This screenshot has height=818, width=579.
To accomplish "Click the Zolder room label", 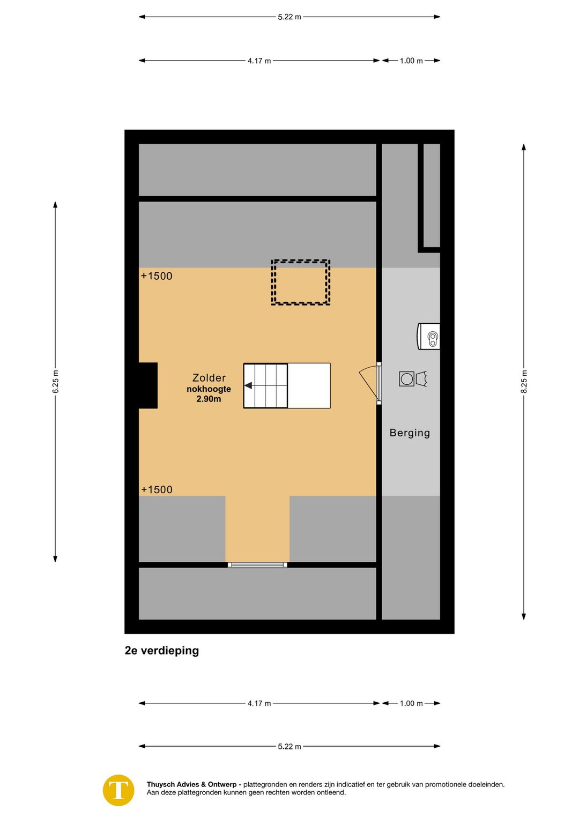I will (209, 378).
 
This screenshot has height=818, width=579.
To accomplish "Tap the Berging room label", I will (410, 433).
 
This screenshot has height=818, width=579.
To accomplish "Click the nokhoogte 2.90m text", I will (209, 394).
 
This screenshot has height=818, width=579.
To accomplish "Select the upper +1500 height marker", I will (157, 276).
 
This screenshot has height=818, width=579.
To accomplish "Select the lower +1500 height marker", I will (157, 489).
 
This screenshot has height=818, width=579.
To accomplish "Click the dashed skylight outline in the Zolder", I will (300, 282).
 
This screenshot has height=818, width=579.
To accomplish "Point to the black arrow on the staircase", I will (248, 385).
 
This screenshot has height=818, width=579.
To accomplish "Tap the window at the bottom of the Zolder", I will (257, 564).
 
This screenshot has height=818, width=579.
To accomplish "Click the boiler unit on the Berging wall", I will (429, 337).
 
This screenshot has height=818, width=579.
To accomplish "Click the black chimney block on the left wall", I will (148, 385).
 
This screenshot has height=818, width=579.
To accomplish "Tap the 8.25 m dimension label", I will (524, 382).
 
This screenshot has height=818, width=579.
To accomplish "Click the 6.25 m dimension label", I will (56, 382).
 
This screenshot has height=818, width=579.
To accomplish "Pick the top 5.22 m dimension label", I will (289, 17).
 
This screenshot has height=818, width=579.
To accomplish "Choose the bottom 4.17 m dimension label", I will (259, 703).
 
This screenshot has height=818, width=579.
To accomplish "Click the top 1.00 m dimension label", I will (411, 61).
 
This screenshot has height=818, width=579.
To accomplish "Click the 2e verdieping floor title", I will (162, 651).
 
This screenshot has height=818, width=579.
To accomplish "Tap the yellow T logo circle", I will (118, 790).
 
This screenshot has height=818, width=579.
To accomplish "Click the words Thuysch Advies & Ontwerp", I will (191, 784).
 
